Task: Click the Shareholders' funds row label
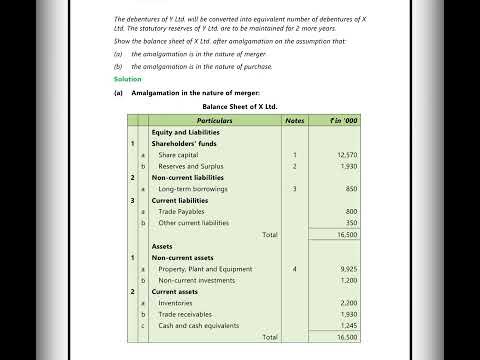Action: tap(184, 143)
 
